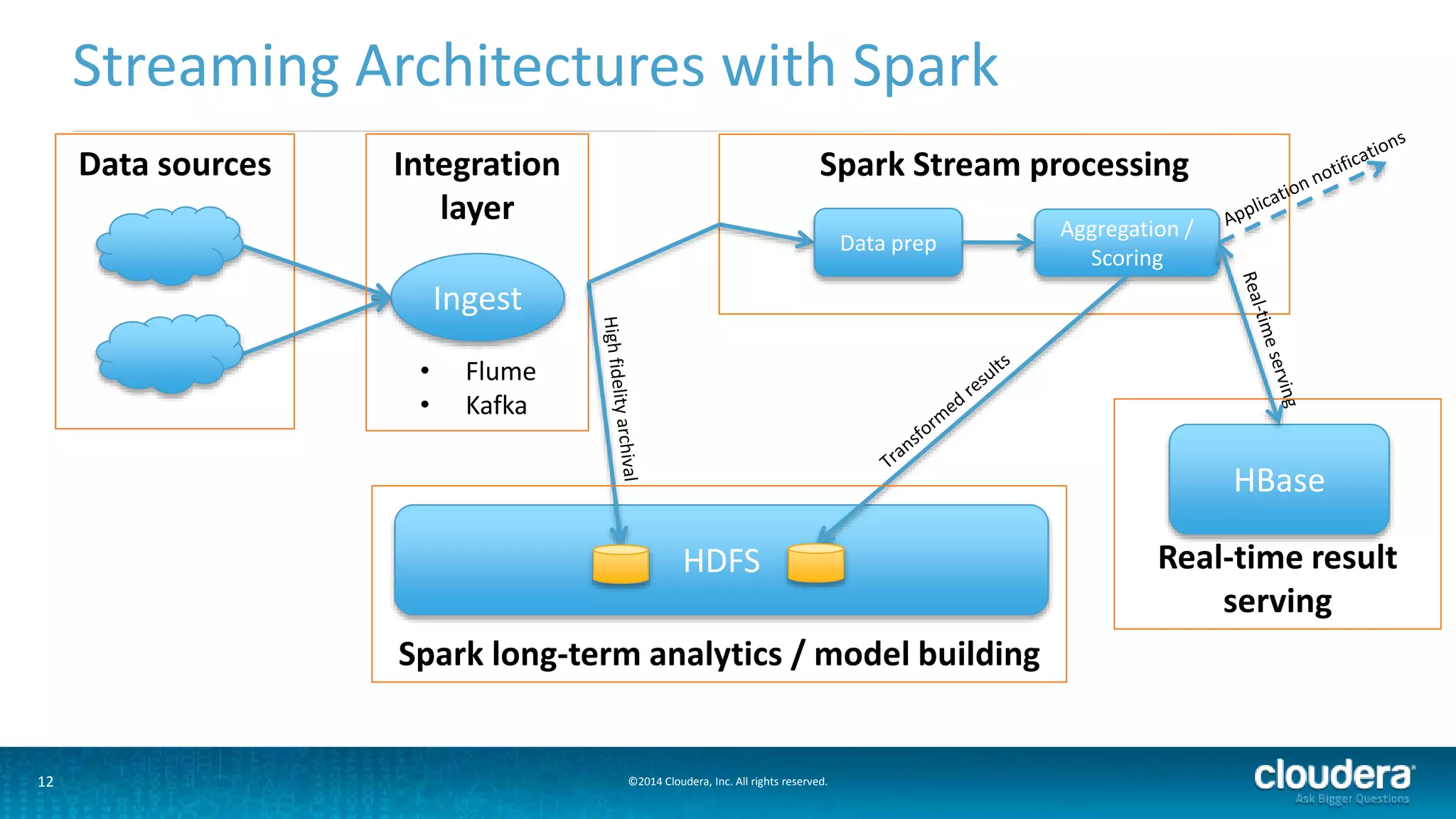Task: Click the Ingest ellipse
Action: coord(477,298)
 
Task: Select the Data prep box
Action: coord(888,242)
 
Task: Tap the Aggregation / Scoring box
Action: coord(1126,242)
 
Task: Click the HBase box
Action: coord(1278,480)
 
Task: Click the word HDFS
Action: coord(721,561)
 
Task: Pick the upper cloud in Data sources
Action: coord(169,246)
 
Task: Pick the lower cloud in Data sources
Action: coord(169,353)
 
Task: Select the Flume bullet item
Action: coord(500,371)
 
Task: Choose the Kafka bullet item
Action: coord(496,405)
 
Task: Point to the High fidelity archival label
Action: coord(620,398)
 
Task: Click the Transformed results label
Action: coord(944,411)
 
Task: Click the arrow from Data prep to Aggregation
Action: coord(998,243)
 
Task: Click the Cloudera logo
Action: coord(1334,776)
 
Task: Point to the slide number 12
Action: coord(45,781)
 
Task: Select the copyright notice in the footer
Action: coord(727,781)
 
